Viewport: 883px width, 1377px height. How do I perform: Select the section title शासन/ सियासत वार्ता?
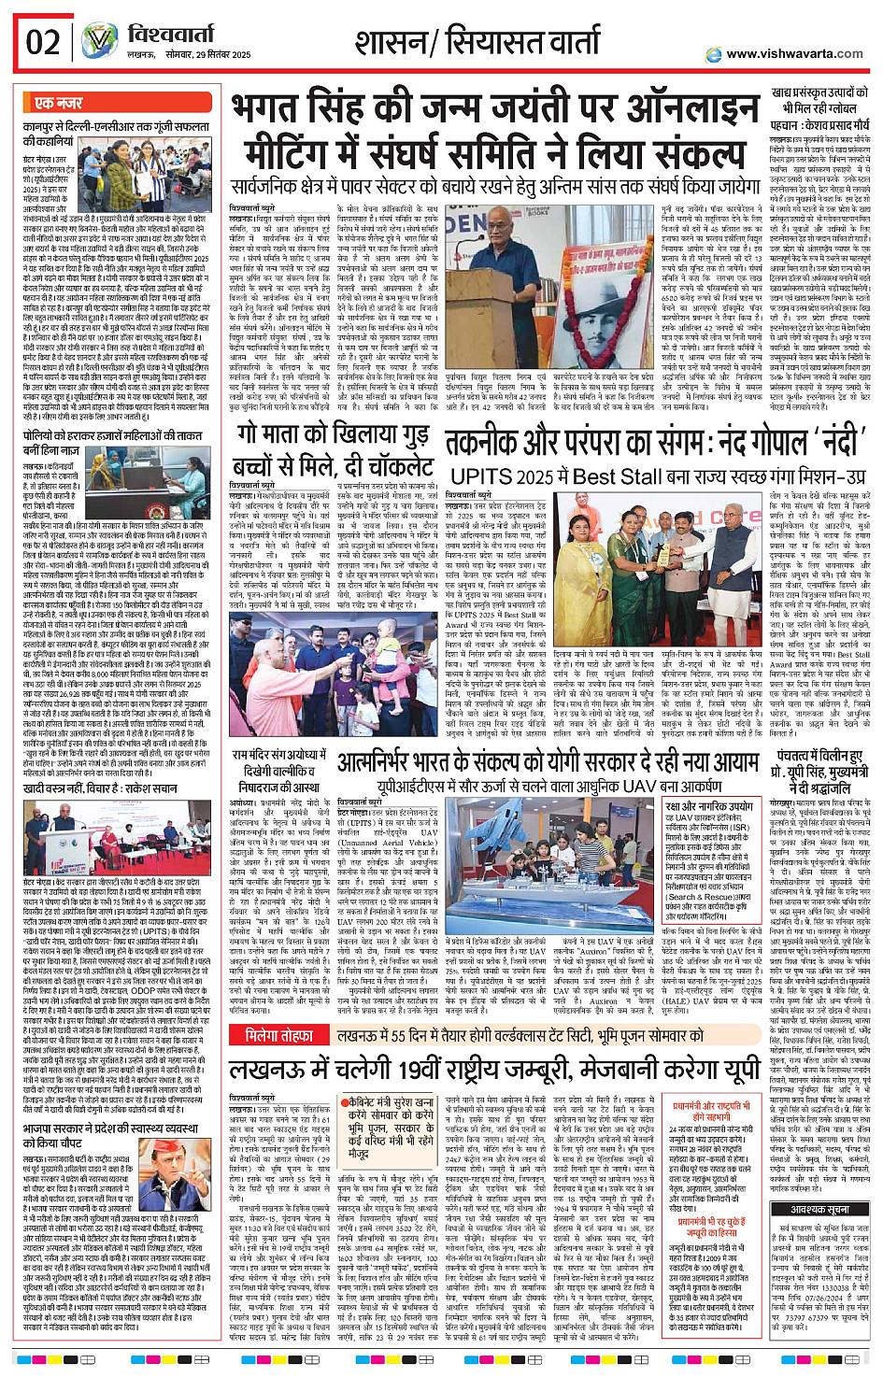[477, 43]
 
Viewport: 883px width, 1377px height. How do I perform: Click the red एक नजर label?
[58, 103]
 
